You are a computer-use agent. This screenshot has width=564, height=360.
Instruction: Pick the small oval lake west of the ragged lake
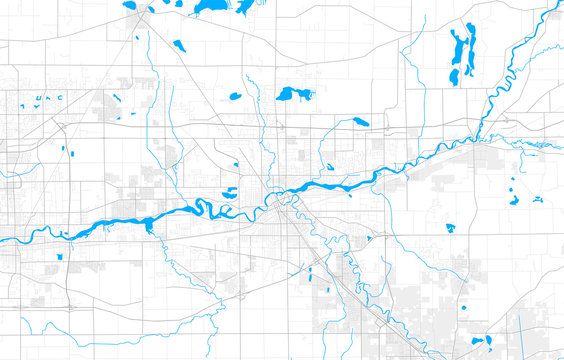coord(235,97)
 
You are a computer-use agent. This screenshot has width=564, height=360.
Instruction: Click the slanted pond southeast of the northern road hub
coord(178,45)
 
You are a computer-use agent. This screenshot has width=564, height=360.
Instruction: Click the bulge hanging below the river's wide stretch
coord(149,227)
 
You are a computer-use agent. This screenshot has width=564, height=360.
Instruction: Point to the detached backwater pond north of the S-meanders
coord(229,192)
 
